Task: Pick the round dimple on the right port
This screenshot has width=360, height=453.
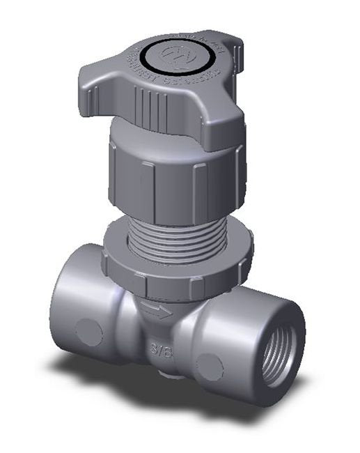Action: (209, 367)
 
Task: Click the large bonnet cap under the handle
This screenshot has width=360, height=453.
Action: (174, 174)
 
